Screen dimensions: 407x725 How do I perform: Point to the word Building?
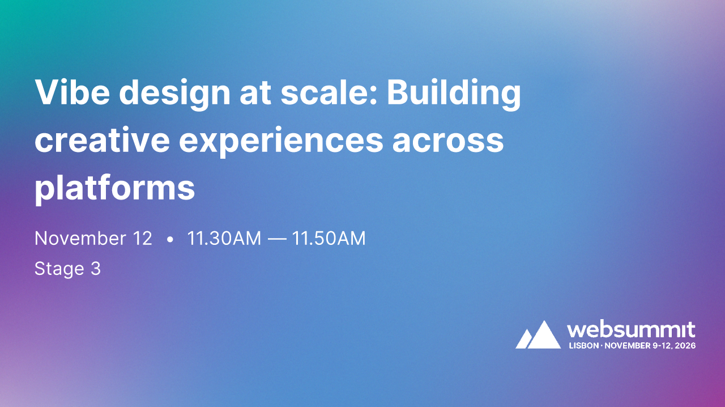[454, 94]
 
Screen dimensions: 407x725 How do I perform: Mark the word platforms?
[115, 189]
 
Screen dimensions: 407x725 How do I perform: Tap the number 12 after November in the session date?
[143, 239]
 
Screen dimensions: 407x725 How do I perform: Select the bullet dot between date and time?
[170, 240]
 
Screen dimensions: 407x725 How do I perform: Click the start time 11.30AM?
[224, 239]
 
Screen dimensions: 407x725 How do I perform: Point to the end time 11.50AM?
[329, 239]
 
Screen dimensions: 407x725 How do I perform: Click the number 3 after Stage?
[96, 269]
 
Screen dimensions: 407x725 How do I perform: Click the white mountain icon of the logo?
[538, 335]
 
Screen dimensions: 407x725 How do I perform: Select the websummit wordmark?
[631, 330]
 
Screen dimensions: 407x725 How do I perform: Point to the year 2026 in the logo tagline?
[685, 345]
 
